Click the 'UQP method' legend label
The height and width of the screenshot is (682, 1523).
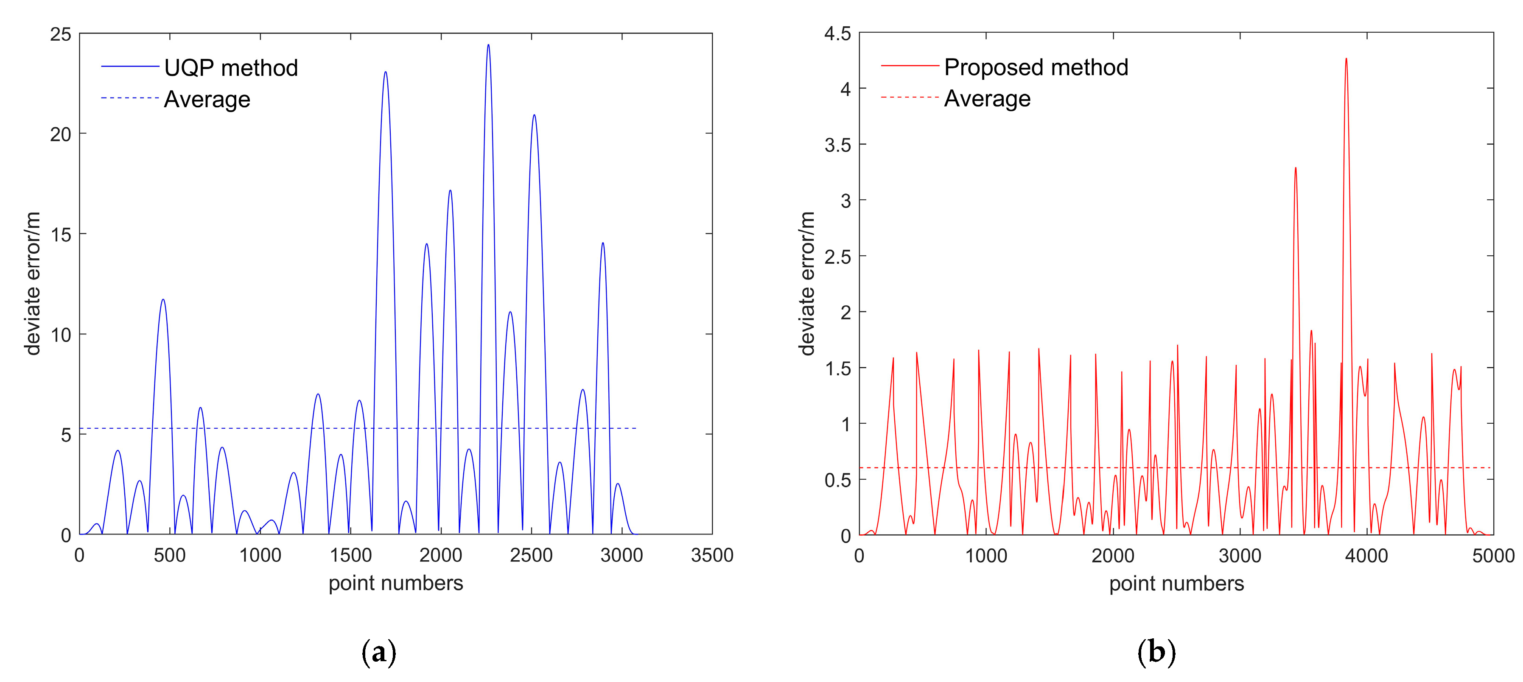click(231, 68)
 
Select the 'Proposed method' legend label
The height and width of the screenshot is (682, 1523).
click(1036, 67)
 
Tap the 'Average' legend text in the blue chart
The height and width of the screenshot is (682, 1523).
click(207, 99)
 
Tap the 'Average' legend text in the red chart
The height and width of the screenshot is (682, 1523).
click(987, 99)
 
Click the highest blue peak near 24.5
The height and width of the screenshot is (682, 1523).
click(488, 45)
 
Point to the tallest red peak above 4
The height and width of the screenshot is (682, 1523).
click(1346, 59)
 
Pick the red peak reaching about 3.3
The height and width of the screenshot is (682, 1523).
click(1295, 168)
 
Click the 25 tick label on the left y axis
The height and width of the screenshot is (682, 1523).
click(60, 34)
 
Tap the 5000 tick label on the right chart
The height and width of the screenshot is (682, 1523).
click(1493, 556)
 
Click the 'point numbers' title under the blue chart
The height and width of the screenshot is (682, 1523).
click(395, 583)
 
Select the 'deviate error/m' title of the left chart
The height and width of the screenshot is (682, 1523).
click(33, 284)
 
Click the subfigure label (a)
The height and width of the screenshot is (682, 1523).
click(378, 652)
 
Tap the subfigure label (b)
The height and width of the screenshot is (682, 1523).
click(1156, 652)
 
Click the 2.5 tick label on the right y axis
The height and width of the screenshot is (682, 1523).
click(838, 257)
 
